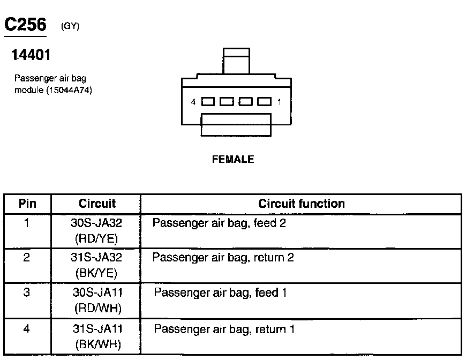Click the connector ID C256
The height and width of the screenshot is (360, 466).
tap(25, 25)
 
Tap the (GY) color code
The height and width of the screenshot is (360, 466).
tap(71, 26)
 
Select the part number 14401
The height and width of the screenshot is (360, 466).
tap(31, 55)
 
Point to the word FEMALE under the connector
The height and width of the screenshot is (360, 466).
tap(232, 159)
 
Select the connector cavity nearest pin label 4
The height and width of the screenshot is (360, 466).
tap(208, 101)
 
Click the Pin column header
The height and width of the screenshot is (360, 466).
tap(27, 204)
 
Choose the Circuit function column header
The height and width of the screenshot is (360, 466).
tap(301, 204)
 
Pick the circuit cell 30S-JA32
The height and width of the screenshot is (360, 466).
tap(96, 223)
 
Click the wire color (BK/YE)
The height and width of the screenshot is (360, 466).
tap(96, 273)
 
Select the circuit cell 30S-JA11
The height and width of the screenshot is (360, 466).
tap(96, 293)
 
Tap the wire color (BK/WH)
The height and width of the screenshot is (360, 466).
tap(96, 344)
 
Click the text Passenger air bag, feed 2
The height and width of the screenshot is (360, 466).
tap(219, 223)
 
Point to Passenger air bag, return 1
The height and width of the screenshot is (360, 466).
tap(224, 329)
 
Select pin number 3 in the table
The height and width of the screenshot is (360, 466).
tap(26, 292)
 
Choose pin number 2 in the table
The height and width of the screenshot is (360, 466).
tap(26, 257)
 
